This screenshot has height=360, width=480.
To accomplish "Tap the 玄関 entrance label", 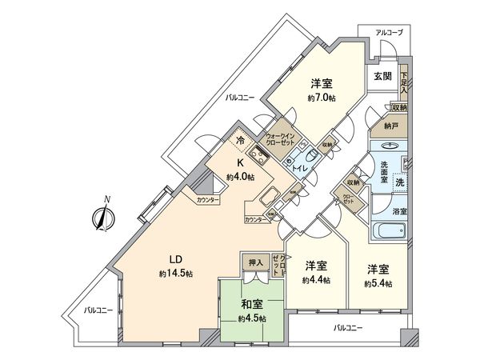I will click(x=381, y=77).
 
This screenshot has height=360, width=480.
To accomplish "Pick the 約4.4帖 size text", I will click(x=316, y=280).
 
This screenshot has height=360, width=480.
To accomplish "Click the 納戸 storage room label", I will click(x=390, y=126).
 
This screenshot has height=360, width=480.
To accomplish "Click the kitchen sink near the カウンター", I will click(x=268, y=196).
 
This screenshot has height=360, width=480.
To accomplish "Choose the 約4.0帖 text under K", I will click(x=240, y=177).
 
